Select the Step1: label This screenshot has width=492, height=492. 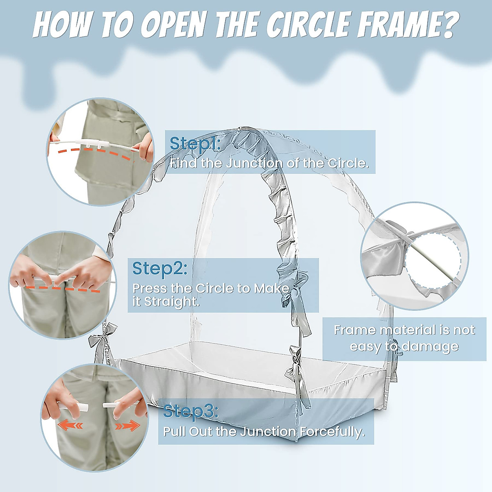195,143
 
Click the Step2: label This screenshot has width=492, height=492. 159,269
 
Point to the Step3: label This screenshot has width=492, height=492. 191,411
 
